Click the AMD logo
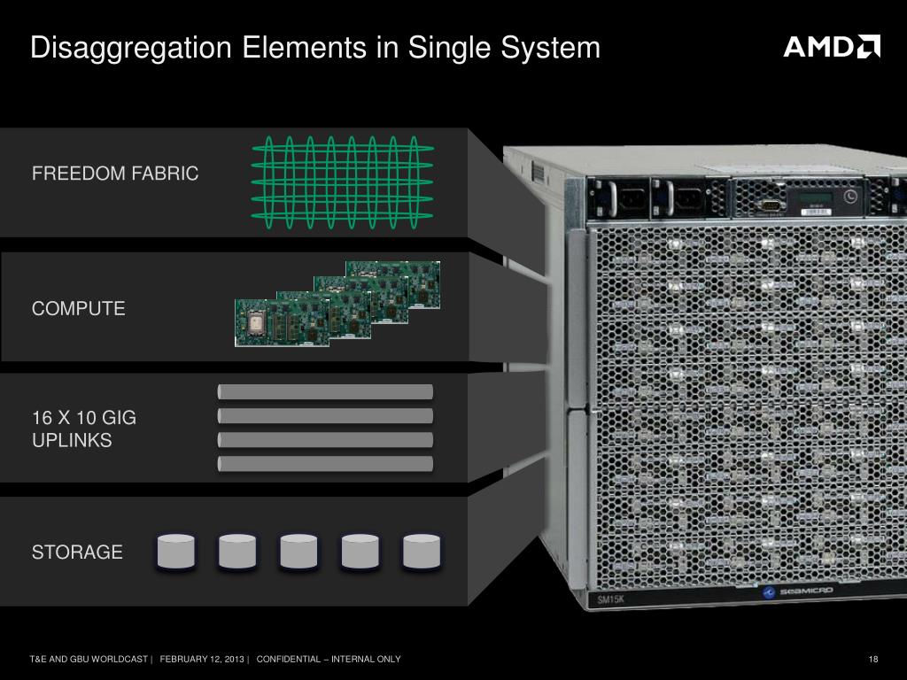831,46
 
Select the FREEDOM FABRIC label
115,174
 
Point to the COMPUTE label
79,309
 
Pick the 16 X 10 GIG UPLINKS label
84,429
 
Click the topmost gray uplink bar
325,391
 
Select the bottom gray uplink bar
325,463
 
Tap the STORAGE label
77,552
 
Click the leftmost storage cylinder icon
175,552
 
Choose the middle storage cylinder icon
298,552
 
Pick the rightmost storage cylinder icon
422,552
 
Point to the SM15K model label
609,600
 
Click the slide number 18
873,660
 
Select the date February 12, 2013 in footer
203,660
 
